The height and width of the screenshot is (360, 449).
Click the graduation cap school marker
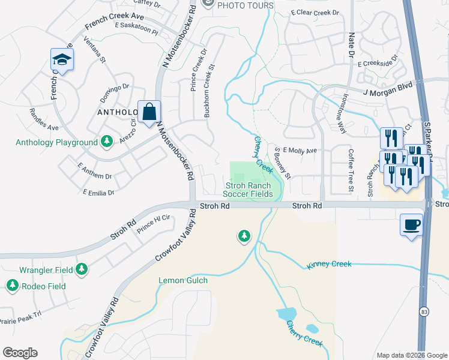click(x=62, y=59)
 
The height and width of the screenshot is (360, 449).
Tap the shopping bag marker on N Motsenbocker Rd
click(x=149, y=112)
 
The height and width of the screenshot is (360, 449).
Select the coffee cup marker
click(x=411, y=225)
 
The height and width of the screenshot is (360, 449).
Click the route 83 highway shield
click(x=424, y=312)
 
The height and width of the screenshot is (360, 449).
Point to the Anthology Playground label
click(x=56, y=142)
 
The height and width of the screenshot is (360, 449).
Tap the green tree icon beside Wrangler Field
click(x=81, y=271)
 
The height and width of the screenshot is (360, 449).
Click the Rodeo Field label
click(x=43, y=286)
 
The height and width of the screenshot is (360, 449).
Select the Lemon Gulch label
click(x=183, y=280)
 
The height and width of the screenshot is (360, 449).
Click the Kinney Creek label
click(x=328, y=264)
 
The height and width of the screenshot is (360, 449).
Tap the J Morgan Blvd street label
click(x=389, y=91)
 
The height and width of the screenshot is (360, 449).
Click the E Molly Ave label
click(x=299, y=151)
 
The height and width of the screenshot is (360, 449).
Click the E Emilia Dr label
click(x=98, y=193)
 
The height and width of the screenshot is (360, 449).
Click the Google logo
click(x=20, y=353)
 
